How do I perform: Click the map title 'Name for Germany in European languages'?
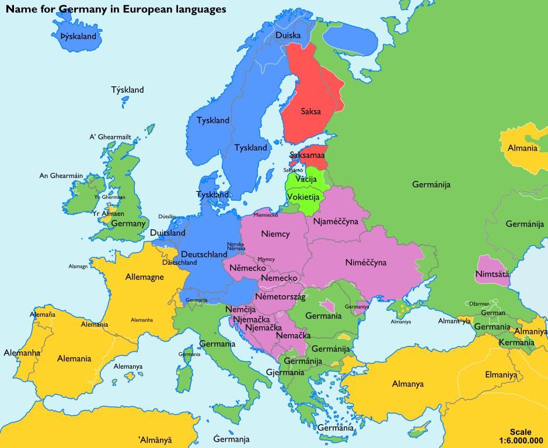(116, 10)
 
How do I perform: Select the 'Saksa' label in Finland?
(310, 111)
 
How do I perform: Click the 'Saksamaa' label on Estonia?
(307, 156)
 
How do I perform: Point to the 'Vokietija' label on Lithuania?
(303, 197)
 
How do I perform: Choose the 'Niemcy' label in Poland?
(275, 234)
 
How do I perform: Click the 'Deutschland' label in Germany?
(204, 254)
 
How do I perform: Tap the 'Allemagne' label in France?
(145, 277)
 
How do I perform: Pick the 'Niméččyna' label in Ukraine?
(366, 262)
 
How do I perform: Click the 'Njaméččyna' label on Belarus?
(336, 222)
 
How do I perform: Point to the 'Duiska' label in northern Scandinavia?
(288, 36)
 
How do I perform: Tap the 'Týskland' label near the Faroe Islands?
(127, 90)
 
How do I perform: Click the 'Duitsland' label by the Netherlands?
(167, 233)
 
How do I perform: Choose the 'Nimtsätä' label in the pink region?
(492, 274)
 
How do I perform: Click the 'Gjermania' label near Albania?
(285, 372)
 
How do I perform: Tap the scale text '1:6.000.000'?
(521, 440)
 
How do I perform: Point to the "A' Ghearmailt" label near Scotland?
(110, 136)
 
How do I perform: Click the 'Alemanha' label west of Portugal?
(22, 352)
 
